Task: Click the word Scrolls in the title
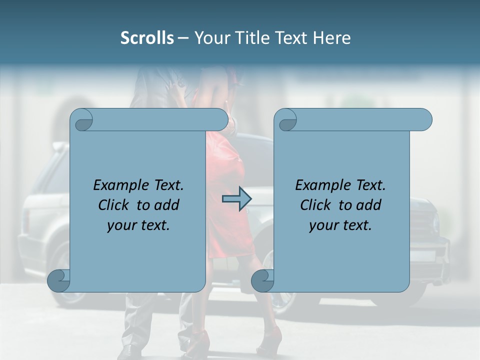pos(147,38)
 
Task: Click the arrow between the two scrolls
pos(236,199)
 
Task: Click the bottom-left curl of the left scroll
pos(58,281)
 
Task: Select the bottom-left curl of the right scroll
pos(262,281)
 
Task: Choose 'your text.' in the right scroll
pos(340,225)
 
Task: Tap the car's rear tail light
pos(25,220)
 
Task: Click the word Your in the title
pos(210,38)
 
